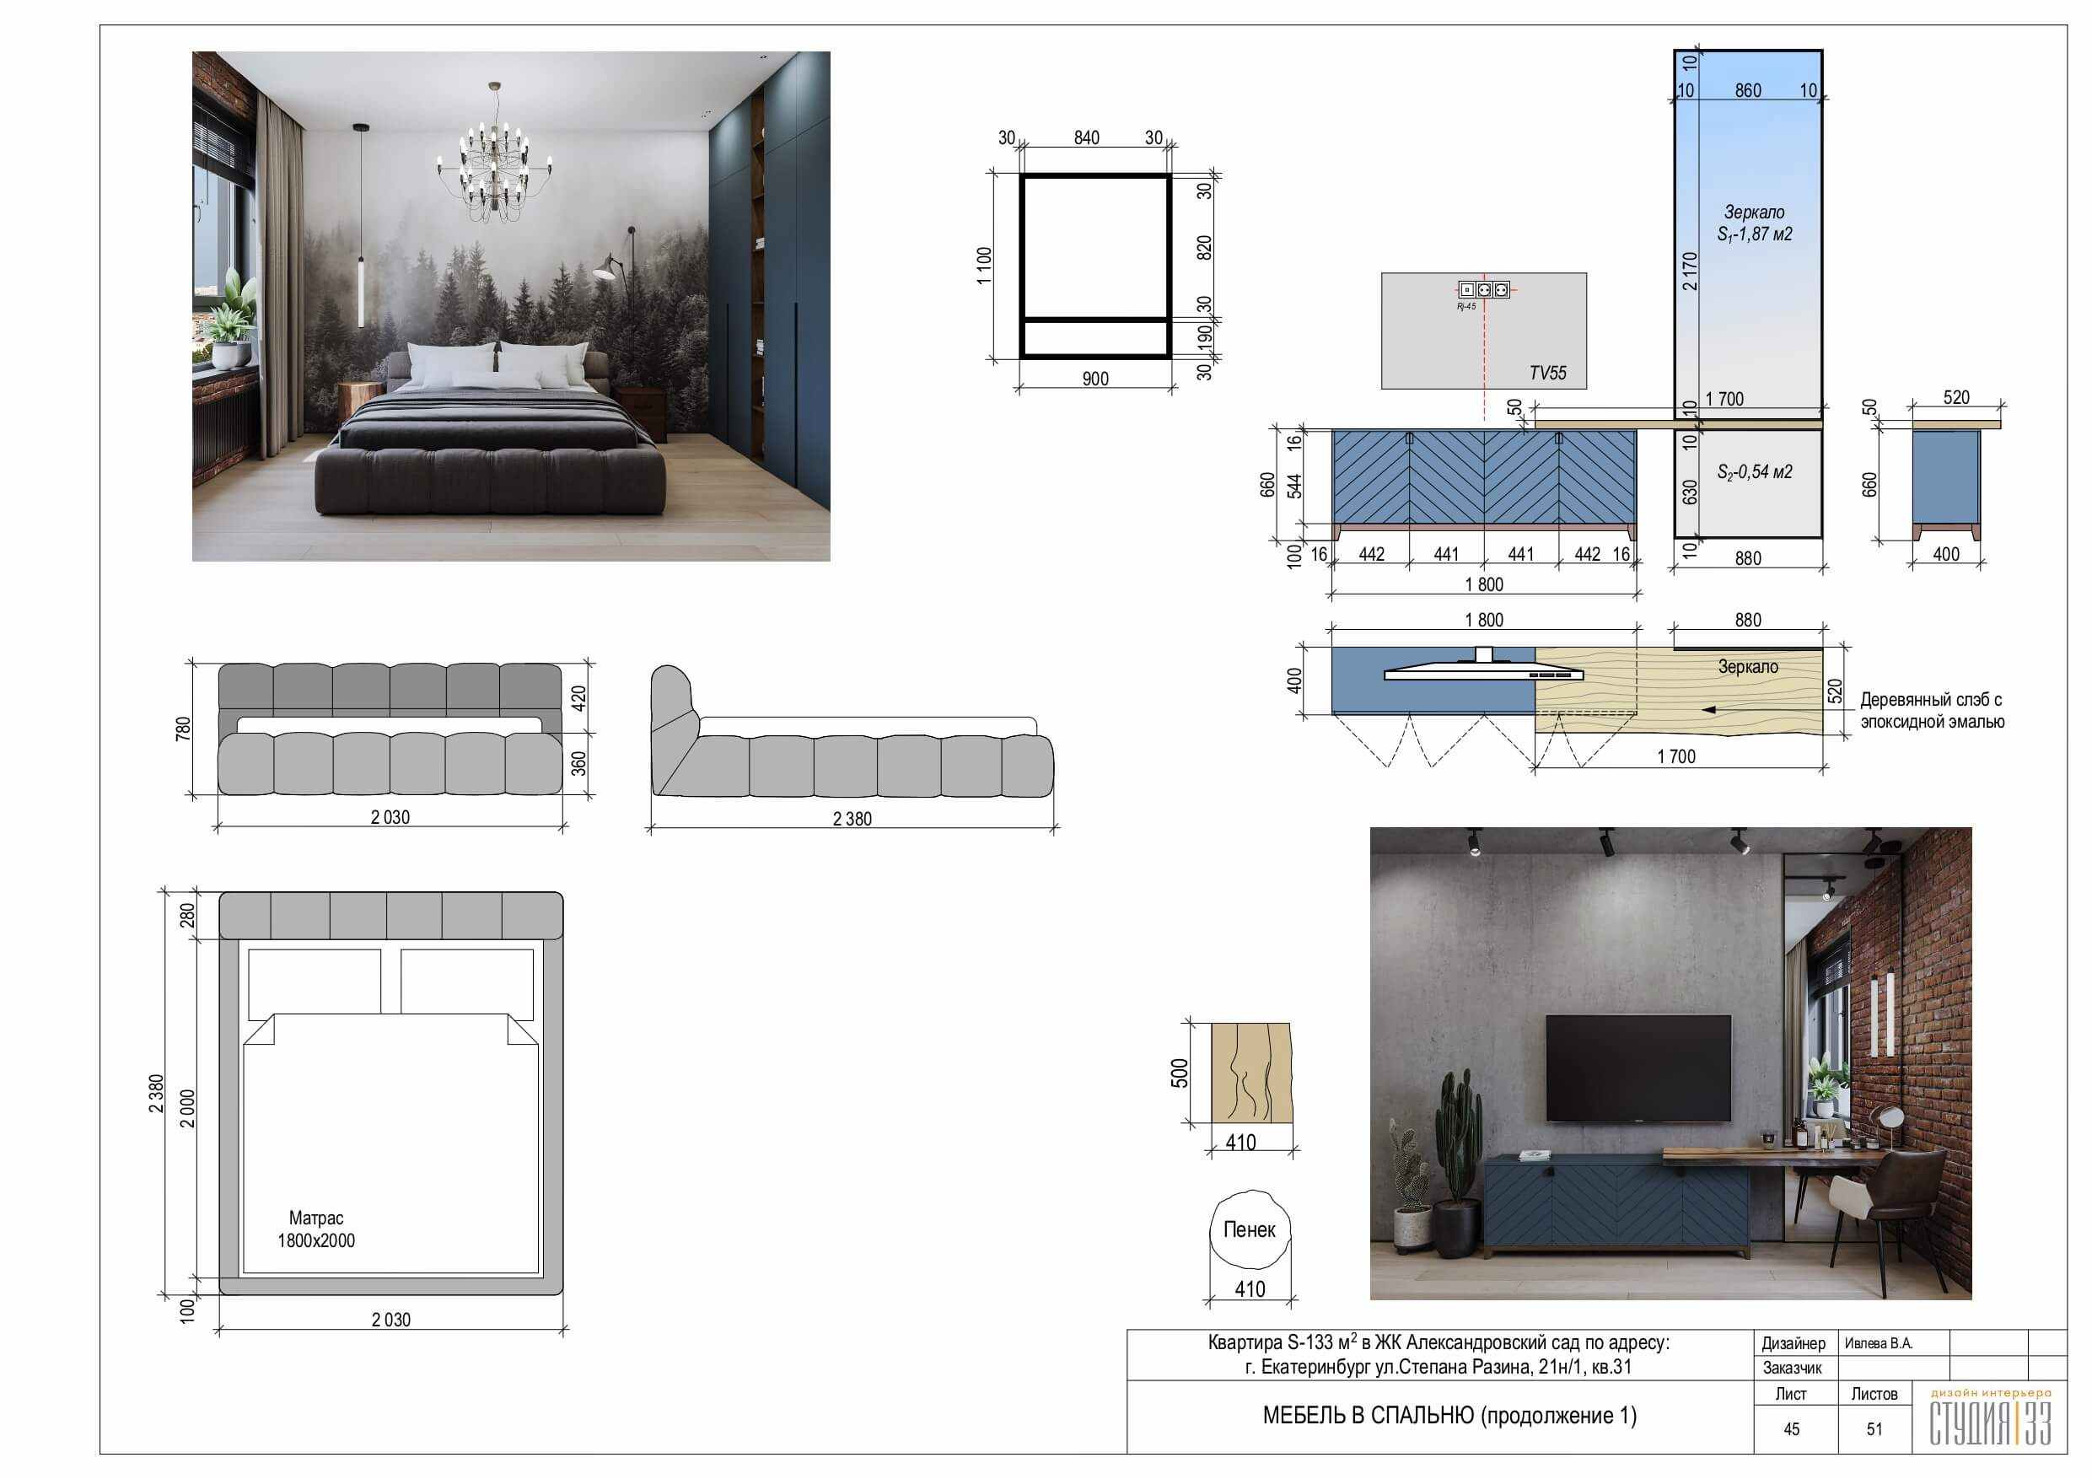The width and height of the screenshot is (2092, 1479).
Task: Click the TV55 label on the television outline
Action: (1547, 373)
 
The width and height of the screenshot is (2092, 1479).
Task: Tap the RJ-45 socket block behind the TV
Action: (1483, 290)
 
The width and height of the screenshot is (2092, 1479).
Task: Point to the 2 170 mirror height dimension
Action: (1690, 271)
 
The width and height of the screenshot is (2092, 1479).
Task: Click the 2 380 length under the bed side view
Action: (852, 820)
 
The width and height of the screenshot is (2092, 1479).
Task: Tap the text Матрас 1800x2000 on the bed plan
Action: (316, 1229)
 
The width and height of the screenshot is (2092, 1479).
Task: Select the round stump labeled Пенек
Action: (1250, 1229)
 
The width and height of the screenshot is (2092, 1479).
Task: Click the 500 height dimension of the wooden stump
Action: (1180, 1073)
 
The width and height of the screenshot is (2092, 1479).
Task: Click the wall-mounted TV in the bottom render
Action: (1638, 1068)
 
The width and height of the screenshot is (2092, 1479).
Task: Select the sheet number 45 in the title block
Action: (1791, 1429)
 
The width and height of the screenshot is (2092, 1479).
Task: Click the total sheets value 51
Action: (1874, 1429)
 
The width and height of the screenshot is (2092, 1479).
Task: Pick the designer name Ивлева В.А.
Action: (1879, 1343)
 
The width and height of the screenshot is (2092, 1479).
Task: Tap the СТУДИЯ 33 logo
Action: (1991, 1418)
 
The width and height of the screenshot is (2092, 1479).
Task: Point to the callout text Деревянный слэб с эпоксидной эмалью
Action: (1932, 711)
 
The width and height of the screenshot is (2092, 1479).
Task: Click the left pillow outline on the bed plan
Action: (315, 984)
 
